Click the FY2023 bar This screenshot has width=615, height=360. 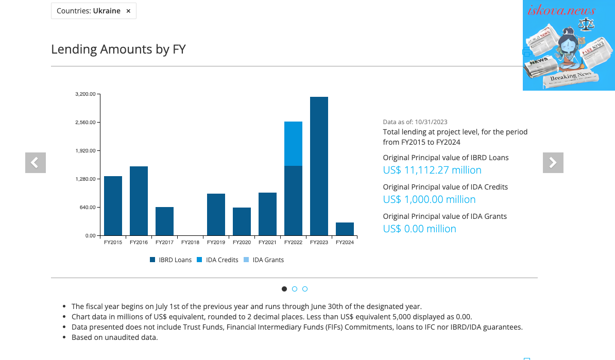point(319,166)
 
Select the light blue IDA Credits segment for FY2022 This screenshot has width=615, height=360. point(294,144)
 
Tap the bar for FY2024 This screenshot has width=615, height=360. point(345,229)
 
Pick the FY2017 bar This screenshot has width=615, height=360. point(164,221)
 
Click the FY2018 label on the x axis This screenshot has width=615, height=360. point(190,243)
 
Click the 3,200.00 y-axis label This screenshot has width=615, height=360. point(86,94)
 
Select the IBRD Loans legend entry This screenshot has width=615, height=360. point(170,260)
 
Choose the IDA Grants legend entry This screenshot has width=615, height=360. point(264,260)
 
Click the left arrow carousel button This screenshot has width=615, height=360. point(36,163)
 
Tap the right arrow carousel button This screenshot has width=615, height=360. point(553,163)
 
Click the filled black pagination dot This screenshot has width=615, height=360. point(284,289)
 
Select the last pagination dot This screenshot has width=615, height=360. point(305,289)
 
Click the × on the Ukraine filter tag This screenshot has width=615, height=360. point(128,11)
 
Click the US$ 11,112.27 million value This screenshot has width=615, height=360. point(432,170)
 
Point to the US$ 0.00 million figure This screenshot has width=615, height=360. point(420,229)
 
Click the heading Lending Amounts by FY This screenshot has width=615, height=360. point(118,49)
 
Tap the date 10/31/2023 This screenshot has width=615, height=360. point(431,122)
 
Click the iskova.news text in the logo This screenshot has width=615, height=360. point(561,10)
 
